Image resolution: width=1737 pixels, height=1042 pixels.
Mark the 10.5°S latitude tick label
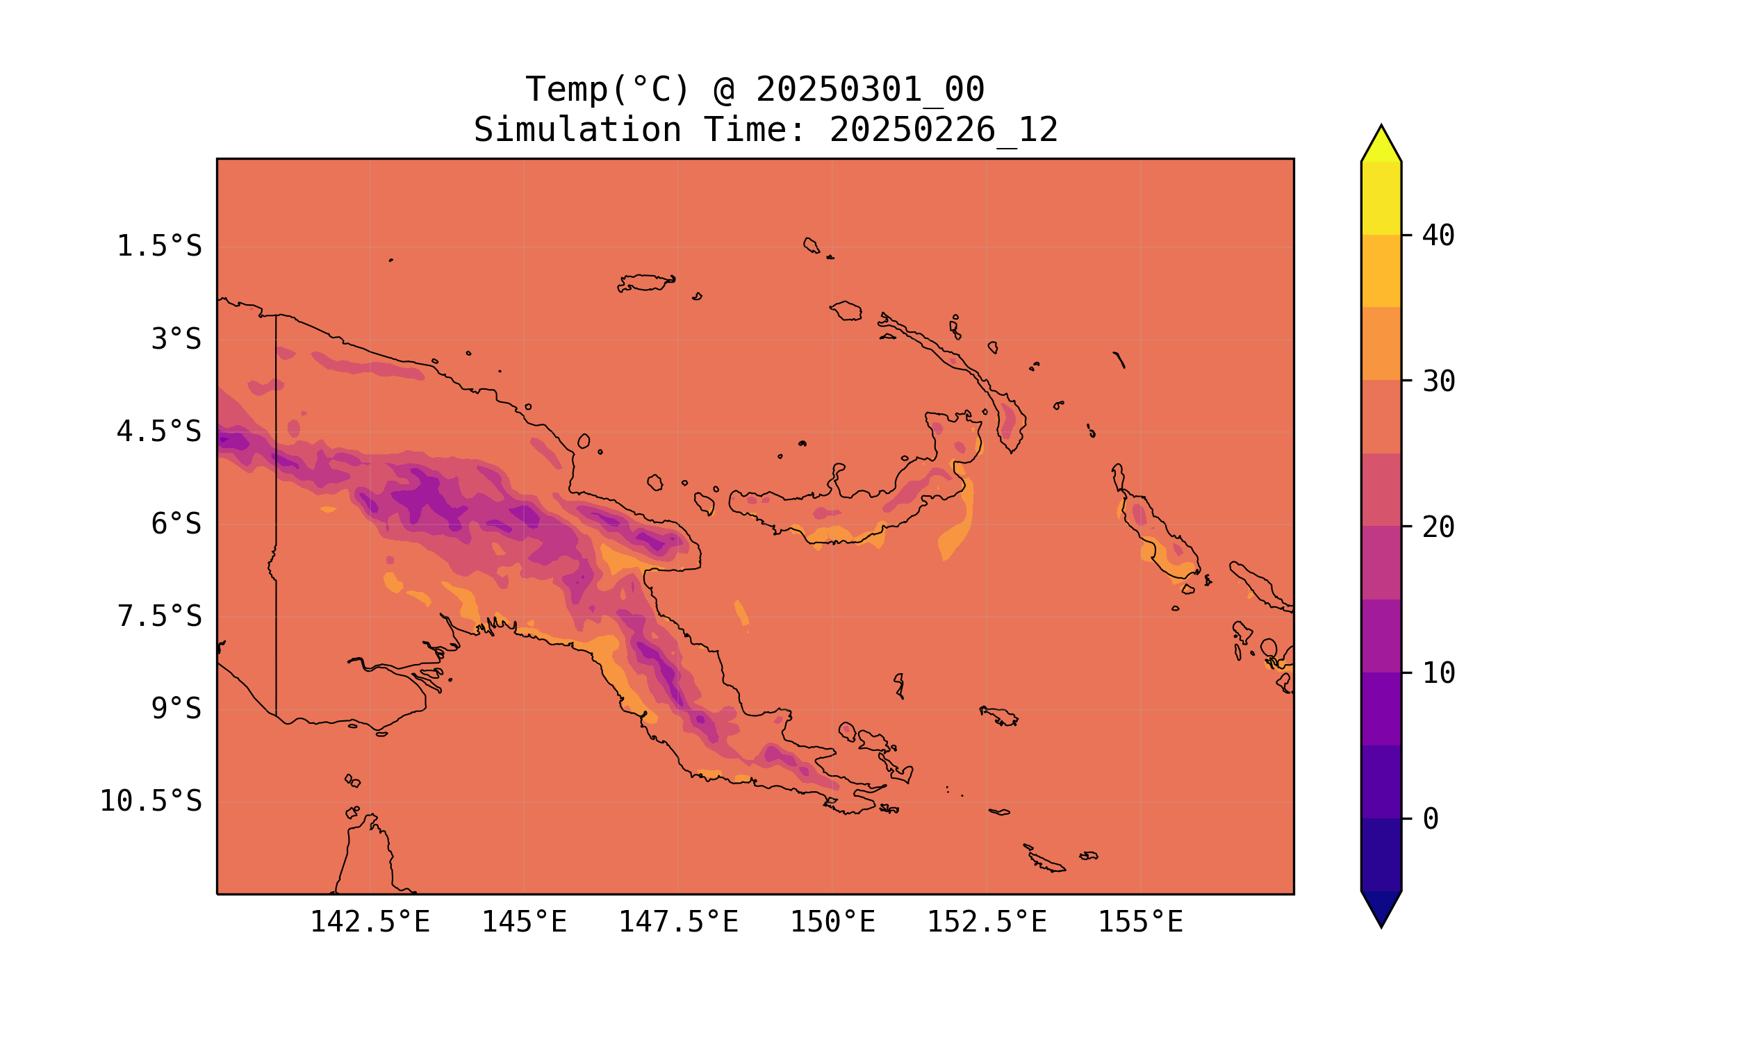tap(150, 801)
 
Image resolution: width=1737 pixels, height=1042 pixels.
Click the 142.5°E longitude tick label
tap(370, 923)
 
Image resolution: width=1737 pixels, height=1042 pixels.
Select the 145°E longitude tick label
tap(524, 923)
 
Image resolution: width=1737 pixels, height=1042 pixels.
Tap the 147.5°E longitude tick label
tap(678, 923)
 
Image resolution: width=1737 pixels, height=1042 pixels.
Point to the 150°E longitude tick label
tap(832, 923)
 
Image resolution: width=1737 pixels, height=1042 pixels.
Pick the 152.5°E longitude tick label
tap(987, 923)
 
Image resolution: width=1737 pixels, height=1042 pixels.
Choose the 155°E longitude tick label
tap(1140, 923)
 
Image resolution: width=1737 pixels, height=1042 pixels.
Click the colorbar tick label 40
tap(1438, 236)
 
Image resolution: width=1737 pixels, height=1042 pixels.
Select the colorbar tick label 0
tap(1430, 820)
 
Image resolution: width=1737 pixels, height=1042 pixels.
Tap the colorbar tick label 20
tap(1438, 527)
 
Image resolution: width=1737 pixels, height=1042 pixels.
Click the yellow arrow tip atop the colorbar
tap(1381, 144)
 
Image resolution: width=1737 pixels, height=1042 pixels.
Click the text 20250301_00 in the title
tap(870, 90)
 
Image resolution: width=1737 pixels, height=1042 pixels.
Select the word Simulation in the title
tap(577, 131)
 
